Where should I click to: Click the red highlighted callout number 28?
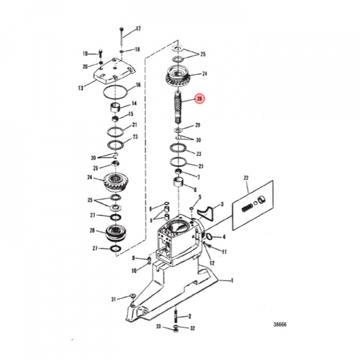(x=199, y=99)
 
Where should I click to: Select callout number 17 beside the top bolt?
(x=138, y=28)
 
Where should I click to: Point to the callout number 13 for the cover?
(x=81, y=88)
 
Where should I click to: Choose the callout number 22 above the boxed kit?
(x=246, y=178)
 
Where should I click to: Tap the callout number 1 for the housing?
(x=231, y=280)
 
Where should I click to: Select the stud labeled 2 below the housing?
(x=176, y=316)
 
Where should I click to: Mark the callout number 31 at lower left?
(x=114, y=299)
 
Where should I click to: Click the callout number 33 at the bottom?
(x=158, y=327)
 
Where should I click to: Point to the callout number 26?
(x=92, y=230)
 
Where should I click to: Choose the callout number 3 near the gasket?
(x=222, y=204)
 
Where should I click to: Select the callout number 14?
(x=134, y=104)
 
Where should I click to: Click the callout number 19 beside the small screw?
(x=85, y=54)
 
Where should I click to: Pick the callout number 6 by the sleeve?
(x=194, y=188)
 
